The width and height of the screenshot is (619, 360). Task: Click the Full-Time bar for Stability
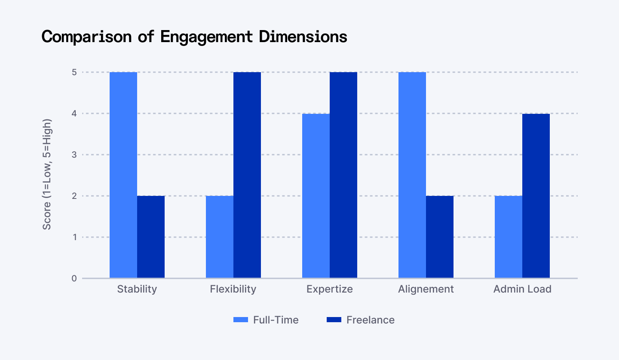point(123,175)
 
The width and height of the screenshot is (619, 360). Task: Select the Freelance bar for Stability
point(151,237)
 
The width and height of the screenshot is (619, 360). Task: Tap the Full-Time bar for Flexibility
point(220,237)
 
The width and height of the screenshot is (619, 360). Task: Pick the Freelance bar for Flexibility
point(247,175)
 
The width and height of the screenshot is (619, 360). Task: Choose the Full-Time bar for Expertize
point(316,196)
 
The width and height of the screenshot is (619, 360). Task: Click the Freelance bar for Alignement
point(440,237)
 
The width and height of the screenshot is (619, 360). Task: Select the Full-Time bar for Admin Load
point(509,237)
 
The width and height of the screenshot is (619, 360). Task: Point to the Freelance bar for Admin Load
point(536,196)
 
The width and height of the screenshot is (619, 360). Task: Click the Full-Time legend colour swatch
point(241,320)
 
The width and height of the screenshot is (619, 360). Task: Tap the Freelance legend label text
point(370,320)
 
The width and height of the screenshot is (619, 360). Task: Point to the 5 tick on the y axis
point(74,72)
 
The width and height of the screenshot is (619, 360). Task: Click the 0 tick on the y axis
point(74,278)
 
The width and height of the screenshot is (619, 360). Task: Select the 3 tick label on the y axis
point(74,155)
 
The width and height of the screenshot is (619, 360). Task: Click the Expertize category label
point(330,289)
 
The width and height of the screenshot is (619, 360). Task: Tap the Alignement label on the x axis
point(426,289)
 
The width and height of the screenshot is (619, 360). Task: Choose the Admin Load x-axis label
point(522,289)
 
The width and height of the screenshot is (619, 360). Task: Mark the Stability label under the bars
point(137,289)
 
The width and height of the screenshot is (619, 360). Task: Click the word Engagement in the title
point(206,37)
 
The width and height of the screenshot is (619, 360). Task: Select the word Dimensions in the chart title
point(303,37)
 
